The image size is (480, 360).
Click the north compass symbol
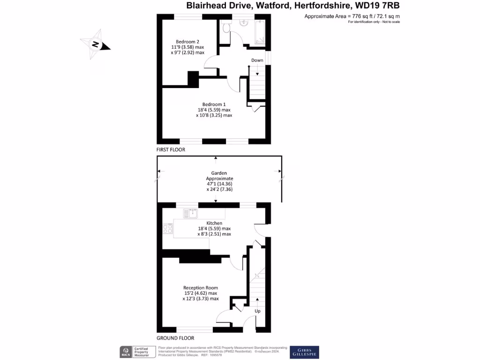point(96,45)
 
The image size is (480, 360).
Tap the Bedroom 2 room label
point(187,41)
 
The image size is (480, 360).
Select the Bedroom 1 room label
point(214,104)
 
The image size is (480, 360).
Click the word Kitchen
point(214,223)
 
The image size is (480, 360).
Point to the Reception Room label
point(200,288)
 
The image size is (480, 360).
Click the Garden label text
point(219,173)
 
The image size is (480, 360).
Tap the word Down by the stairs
point(257,60)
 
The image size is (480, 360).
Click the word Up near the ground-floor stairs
point(257,311)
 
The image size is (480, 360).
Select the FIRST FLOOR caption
point(171,150)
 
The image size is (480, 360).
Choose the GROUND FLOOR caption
point(175,338)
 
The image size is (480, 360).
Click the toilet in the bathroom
point(226,28)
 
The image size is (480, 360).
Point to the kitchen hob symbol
point(167,229)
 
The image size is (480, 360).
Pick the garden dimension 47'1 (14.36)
point(219,184)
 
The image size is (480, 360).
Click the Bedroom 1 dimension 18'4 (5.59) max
point(214,110)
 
